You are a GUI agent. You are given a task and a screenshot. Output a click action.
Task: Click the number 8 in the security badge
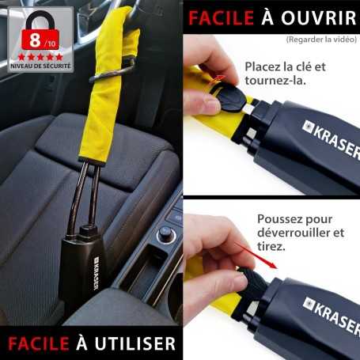coord(36,40)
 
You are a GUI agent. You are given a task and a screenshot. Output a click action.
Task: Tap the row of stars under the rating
coord(41,57)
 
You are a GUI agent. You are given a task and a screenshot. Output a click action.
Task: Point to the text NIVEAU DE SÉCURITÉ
coord(41,67)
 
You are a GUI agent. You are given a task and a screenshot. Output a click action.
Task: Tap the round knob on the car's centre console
coord(166,234)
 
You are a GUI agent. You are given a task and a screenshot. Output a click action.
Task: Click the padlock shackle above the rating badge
coord(41,19)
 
